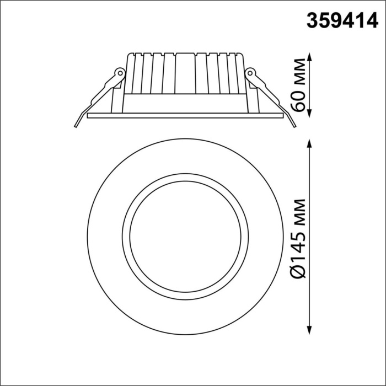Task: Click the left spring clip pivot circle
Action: click(118, 72)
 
